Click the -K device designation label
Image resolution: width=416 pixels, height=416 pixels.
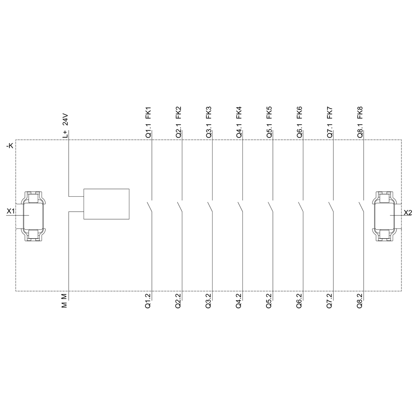tap(10, 146)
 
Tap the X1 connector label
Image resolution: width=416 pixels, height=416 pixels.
tap(11, 211)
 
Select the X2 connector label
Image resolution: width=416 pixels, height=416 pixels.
tap(408, 213)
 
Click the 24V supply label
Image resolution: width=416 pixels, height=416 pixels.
tap(65, 120)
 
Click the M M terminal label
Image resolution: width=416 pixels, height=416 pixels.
tap(64, 301)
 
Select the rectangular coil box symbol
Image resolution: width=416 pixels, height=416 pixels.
tap(106, 204)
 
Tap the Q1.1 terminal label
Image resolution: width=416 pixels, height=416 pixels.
tap(149, 131)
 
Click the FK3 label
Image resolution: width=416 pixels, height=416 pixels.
tap(209, 112)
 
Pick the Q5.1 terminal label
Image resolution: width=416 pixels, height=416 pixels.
tap(269, 131)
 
